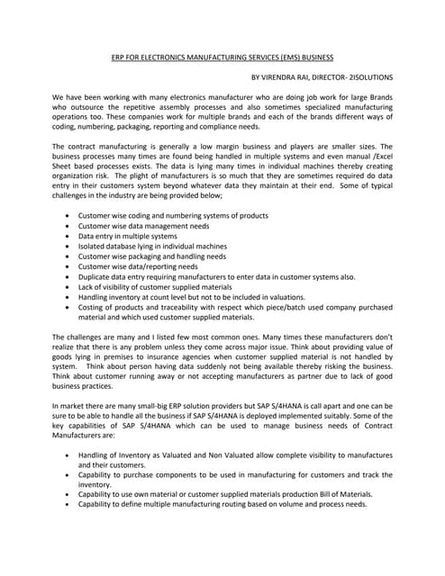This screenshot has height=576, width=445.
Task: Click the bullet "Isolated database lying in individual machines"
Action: click(x=152, y=247)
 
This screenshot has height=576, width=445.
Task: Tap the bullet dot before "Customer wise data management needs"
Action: click(x=70, y=227)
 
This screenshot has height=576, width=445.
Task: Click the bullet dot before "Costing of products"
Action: click(x=70, y=308)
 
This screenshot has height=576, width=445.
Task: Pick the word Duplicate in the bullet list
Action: click(x=96, y=277)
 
